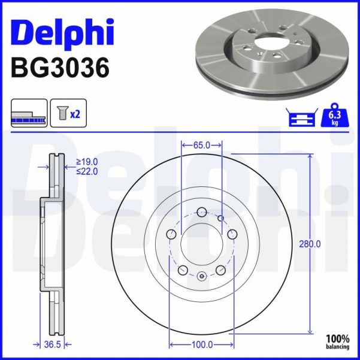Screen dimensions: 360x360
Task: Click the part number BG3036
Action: pyautogui.click(x=60, y=68)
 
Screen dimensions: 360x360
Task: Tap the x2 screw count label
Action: pyautogui.click(x=75, y=114)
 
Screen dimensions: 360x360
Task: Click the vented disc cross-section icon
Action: pyautogui.click(x=28, y=114)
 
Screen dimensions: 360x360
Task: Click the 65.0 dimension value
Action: pyautogui.click(x=202, y=144)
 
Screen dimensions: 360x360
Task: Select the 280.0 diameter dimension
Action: pyautogui.click(x=310, y=244)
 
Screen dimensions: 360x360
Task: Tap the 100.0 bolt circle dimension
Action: pyautogui.click(x=202, y=345)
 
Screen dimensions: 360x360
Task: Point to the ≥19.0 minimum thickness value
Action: pyautogui.click(x=86, y=161)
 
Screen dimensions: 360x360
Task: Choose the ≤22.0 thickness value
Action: pyautogui.click(x=86, y=171)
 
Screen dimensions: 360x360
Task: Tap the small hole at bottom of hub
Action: pyautogui.click(x=202, y=276)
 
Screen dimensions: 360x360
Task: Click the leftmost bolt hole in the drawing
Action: pyautogui.click(x=171, y=234)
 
